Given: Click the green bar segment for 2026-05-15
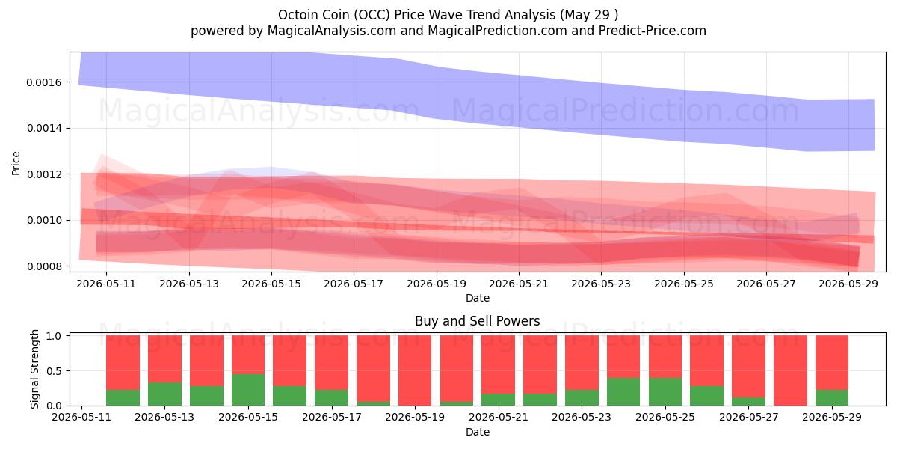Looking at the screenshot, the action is coord(248,390).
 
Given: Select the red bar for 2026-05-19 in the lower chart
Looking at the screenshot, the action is coord(415,370).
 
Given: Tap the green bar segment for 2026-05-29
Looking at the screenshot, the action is coord(832,397).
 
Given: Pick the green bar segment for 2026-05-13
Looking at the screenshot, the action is coord(164,394).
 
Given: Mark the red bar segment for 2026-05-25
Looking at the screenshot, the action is coord(665,356).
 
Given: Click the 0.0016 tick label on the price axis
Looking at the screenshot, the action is coord(44,82).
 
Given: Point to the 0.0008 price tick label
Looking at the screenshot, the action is coord(44,266).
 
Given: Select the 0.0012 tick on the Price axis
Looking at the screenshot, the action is coord(44,175).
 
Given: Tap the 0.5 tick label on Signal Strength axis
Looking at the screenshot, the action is coord(54,371).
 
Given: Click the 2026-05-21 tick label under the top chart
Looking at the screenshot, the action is coord(519,284).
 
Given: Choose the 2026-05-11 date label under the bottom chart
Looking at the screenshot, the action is coord(81,418).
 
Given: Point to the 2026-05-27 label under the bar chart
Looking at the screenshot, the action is coord(748,418).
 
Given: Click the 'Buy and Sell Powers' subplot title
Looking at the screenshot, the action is coord(478,321).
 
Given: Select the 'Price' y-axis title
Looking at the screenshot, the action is coord(16,163).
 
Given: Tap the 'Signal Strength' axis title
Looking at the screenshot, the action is coord(34,369).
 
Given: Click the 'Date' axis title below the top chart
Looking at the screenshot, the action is coord(478,299).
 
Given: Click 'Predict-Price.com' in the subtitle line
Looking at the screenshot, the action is coord(653,31).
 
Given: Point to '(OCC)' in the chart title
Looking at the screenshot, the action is coord(372,15).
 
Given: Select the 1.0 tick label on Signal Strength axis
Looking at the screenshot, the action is coord(54,336).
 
